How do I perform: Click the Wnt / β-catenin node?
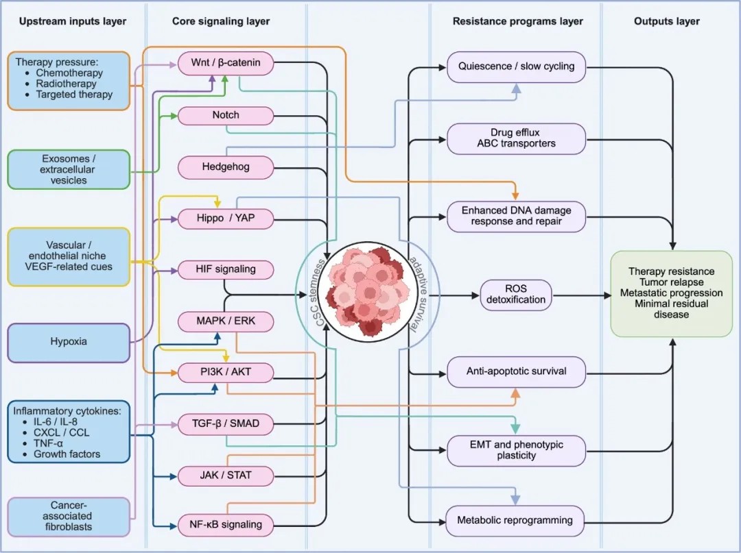(x=226, y=63)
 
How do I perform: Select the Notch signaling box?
(x=226, y=115)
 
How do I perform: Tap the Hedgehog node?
(x=226, y=167)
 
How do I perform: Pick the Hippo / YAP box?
(x=226, y=218)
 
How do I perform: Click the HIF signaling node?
(x=226, y=269)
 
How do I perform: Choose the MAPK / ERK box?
(x=226, y=321)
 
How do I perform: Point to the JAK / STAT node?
(x=226, y=476)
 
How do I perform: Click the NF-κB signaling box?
(x=226, y=525)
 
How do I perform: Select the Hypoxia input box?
(x=69, y=342)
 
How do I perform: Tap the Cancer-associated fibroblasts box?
(x=69, y=516)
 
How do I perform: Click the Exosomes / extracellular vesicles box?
(x=69, y=169)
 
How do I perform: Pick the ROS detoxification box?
(x=516, y=295)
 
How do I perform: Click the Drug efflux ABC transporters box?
(x=516, y=138)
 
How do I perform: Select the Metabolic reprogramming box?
(x=515, y=520)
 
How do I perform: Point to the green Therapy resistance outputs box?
(x=671, y=293)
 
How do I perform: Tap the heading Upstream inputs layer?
(x=73, y=21)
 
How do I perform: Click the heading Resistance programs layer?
(x=517, y=21)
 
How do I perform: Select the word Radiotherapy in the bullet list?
(x=66, y=84)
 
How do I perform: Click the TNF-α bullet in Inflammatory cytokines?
(x=48, y=443)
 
